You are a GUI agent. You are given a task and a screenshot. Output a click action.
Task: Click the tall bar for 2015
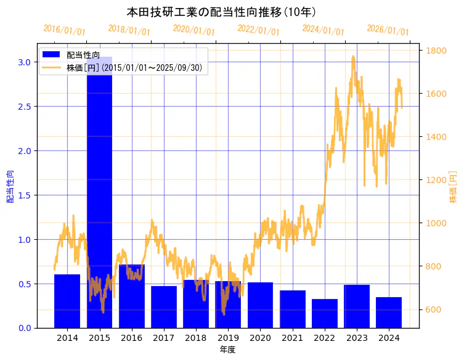99,185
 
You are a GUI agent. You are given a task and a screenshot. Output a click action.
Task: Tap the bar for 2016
131,296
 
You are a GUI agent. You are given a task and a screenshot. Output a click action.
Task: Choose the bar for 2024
389,313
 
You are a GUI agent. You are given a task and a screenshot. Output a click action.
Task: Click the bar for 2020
260,305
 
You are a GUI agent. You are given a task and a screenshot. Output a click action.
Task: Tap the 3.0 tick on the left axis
23,62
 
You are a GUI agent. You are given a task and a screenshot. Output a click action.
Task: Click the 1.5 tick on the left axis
23,195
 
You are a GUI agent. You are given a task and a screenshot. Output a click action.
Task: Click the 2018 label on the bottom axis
196,338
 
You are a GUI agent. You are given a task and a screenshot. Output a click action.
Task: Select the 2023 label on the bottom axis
357,338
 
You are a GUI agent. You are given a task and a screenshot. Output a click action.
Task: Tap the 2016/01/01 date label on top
65,30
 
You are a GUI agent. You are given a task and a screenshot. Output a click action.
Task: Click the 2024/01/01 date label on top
324,30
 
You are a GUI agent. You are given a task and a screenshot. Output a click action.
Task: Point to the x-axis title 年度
227,350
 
